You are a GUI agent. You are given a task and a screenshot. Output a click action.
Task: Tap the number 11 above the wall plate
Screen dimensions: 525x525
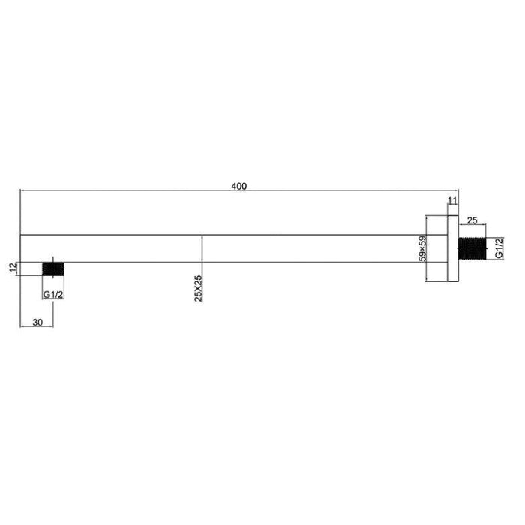pos(451,200)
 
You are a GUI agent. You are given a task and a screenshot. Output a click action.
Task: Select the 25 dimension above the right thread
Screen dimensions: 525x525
pos(472,220)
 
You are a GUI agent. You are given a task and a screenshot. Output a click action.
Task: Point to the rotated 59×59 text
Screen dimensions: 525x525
pos(422,249)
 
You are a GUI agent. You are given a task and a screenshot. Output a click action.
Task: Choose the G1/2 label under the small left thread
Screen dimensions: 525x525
pos(52,295)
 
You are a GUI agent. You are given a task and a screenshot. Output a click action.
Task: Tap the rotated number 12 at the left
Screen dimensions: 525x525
pos(13,268)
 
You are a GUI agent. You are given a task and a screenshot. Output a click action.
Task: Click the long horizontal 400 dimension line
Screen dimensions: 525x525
pos(150,190)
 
